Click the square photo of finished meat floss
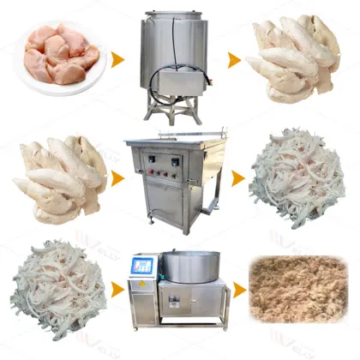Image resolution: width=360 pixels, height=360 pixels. (x=295, y=292)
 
